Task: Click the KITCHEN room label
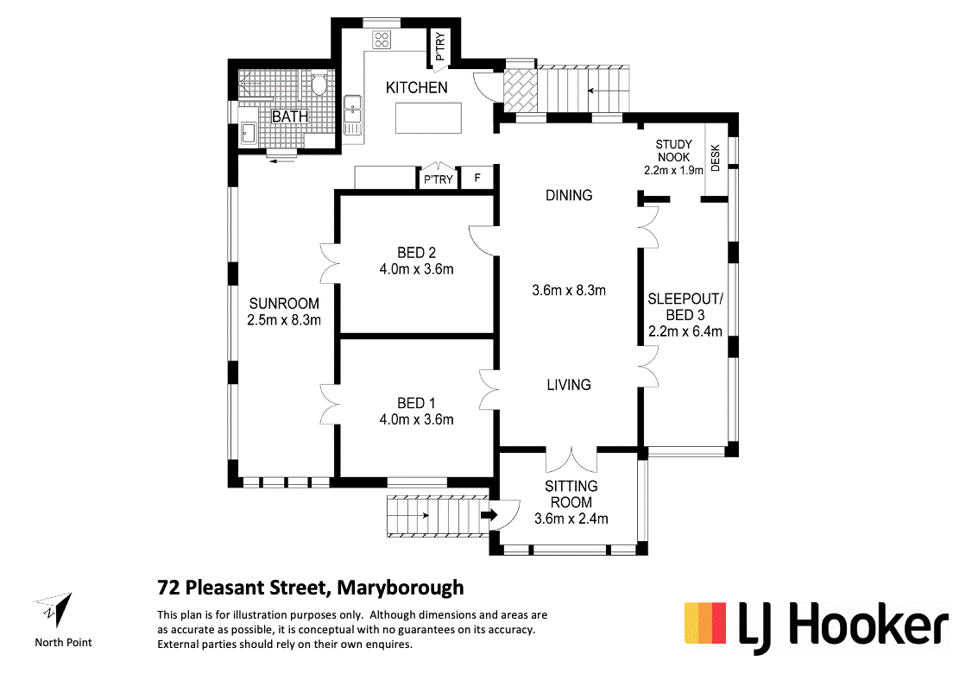click(x=416, y=87)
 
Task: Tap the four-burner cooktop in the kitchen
click(x=382, y=40)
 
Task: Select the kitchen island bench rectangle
click(x=428, y=117)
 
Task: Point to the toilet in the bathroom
click(x=318, y=85)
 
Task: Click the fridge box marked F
click(x=477, y=179)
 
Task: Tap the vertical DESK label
click(x=715, y=157)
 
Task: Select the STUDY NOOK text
click(x=673, y=151)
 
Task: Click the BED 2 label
click(x=416, y=253)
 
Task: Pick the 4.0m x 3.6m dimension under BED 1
click(x=416, y=419)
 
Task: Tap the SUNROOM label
click(x=284, y=304)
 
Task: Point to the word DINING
click(x=569, y=195)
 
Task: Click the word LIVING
click(x=568, y=384)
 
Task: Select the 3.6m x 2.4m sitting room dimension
click(x=571, y=519)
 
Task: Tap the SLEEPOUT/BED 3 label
click(x=685, y=307)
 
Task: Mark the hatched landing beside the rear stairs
click(x=521, y=90)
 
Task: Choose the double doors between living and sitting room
click(x=571, y=460)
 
